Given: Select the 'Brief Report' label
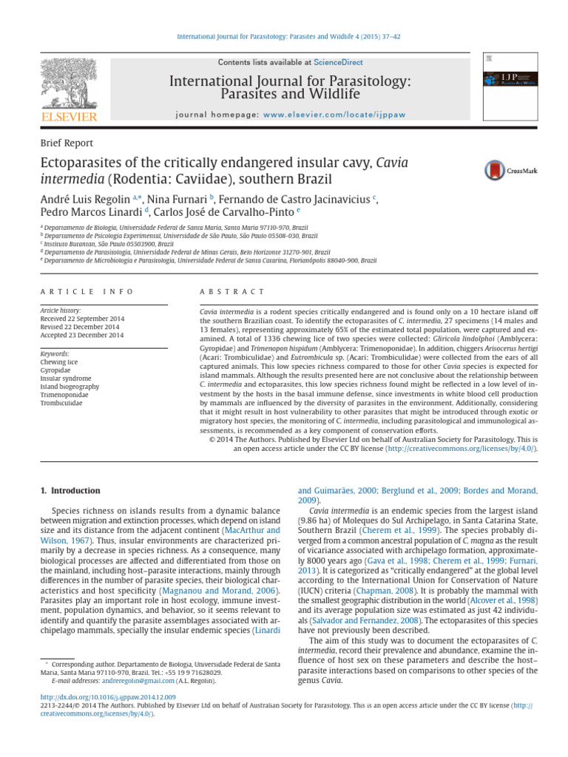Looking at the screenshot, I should pos(67,143).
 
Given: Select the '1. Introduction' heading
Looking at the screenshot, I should pos(69,490).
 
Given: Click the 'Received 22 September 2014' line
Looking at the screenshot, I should pos(82,319).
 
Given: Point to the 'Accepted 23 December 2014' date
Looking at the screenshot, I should pos(82,335).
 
